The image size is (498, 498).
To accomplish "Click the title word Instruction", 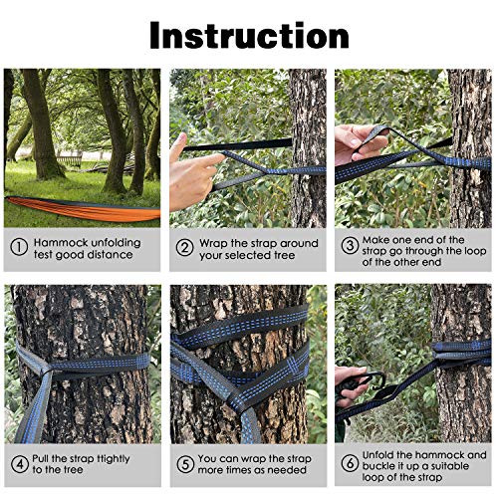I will click(x=249, y=35).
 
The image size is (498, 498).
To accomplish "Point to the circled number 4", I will click(x=19, y=464).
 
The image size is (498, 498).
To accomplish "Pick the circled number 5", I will click(x=184, y=464).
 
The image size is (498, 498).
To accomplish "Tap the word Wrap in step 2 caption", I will click(x=214, y=243).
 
